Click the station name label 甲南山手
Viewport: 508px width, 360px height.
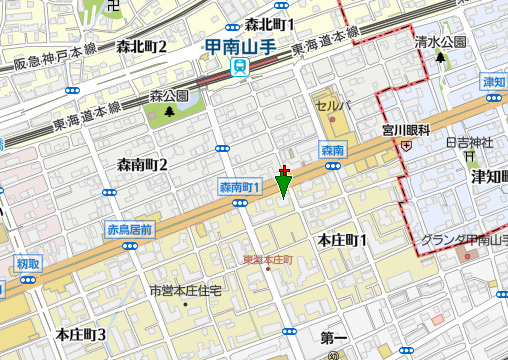tap(239, 45)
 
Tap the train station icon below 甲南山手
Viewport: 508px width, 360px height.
tap(239, 67)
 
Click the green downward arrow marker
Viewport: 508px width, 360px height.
tap(284, 185)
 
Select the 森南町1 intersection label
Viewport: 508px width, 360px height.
tap(239, 187)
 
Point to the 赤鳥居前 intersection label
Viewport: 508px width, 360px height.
tap(129, 230)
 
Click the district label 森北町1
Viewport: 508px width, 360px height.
tap(269, 24)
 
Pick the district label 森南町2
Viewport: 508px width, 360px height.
tap(142, 164)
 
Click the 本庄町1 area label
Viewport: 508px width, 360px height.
tap(342, 240)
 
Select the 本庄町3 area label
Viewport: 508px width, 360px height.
tap(81, 333)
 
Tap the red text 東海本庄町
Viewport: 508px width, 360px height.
tap(268, 260)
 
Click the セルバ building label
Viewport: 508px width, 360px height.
tap(333, 105)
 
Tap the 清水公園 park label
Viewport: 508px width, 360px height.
tap(440, 42)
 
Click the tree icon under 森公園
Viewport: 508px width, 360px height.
tap(169, 110)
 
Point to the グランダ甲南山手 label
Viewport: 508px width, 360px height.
tap(465, 240)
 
